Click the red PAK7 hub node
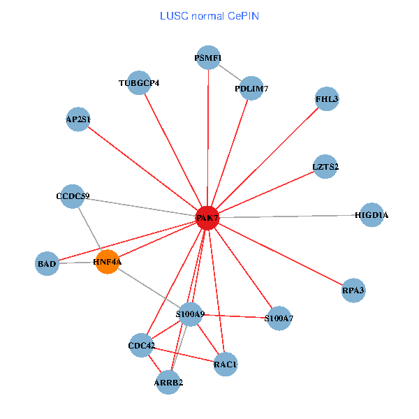tap(207, 218)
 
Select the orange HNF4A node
tap(108, 262)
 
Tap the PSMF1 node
tap(208, 58)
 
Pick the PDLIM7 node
tap(251, 89)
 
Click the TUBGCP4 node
tap(140, 83)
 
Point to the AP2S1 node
tap(78, 119)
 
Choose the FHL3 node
tap(327, 99)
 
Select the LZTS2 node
tap(325, 167)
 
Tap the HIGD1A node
tap(371, 215)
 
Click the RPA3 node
tap(353, 289)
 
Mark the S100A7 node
tap(279, 318)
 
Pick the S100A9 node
tap(191, 315)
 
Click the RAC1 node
tap(226, 364)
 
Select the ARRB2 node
tap(168, 382)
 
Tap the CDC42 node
tap(141, 345)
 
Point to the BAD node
tap(47, 264)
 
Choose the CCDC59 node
tap(73, 196)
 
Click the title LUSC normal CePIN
tap(209, 15)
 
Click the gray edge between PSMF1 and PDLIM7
tap(230, 73)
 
